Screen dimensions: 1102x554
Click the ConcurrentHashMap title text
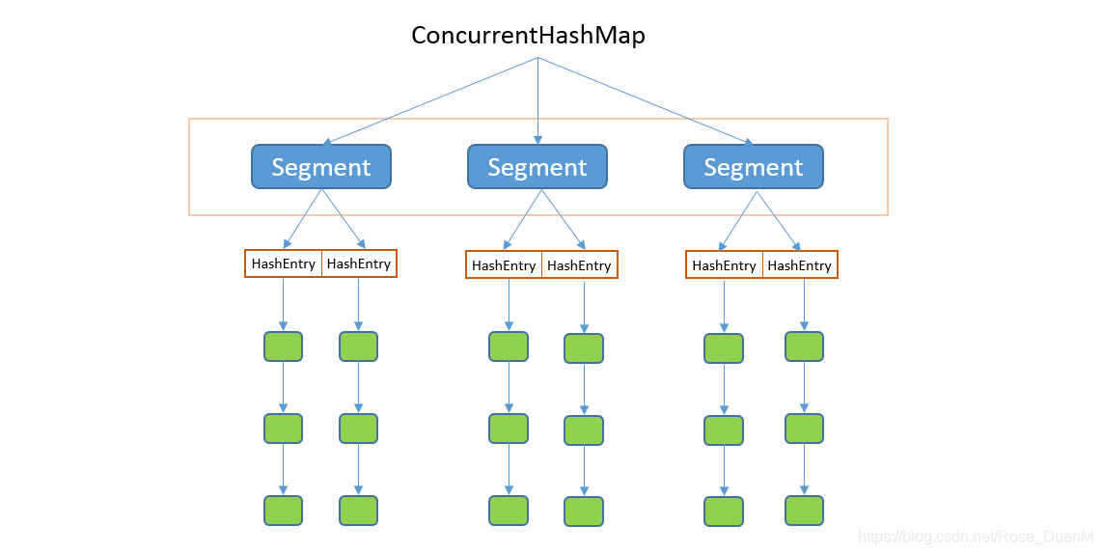[x=528, y=35]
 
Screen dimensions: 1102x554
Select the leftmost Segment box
[x=321, y=167]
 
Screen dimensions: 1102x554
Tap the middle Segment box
[x=537, y=167]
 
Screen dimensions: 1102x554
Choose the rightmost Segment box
[x=754, y=167]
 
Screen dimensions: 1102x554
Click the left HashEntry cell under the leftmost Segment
[x=284, y=263]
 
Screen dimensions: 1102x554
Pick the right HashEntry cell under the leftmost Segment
[x=359, y=263]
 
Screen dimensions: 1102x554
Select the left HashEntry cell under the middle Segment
[x=504, y=265]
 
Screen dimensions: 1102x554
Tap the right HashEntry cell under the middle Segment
[x=580, y=265]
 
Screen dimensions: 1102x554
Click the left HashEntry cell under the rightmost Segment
[x=724, y=265]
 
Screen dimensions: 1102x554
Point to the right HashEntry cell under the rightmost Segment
[x=800, y=265]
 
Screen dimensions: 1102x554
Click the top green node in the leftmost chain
[x=284, y=346]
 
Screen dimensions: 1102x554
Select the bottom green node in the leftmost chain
[x=284, y=511]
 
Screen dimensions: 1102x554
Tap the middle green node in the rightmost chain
[x=804, y=429]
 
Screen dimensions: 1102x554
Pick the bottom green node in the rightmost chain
[x=804, y=511]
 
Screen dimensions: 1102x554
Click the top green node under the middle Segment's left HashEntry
[x=509, y=346]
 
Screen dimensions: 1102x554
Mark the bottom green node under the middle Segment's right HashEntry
[x=584, y=512]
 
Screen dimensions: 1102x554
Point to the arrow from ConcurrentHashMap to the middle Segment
[x=537, y=101]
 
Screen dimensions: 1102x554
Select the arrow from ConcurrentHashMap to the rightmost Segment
[x=646, y=101]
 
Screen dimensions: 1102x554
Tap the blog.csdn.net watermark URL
[x=976, y=537]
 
